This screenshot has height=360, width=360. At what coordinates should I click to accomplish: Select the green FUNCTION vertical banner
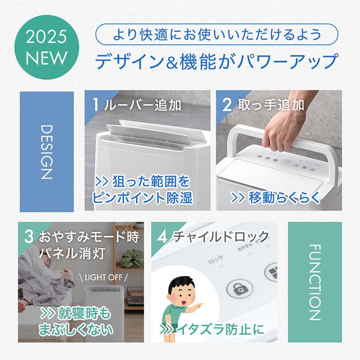click(314, 282)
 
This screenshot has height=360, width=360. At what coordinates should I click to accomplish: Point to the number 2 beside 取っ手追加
click(227, 105)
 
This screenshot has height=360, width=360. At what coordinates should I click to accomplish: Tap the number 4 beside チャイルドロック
click(162, 236)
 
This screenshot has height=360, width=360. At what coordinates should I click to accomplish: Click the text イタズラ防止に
click(216, 328)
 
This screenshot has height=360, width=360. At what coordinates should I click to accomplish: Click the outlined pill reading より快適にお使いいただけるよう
click(217, 36)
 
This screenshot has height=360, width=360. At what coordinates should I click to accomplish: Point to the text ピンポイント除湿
click(142, 198)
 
